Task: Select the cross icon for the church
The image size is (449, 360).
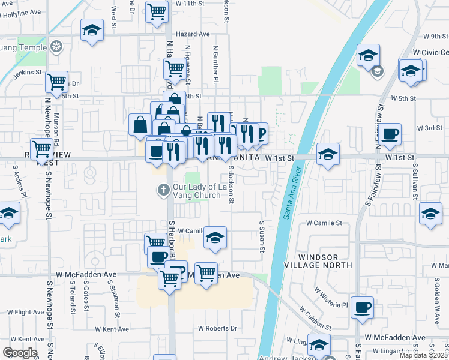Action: (x=163, y=190)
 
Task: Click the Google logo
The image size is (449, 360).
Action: (x=20, y=353)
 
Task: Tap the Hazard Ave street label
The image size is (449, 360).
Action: (x=193, y=34)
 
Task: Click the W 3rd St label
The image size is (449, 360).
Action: (x=430, y=128)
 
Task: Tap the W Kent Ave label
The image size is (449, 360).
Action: (x=111, y=329)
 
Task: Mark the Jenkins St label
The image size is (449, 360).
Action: (x=27, y=74)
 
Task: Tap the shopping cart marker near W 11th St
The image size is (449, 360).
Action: (x=157, y=11)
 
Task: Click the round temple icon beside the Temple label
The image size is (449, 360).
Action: (x=56, y=46)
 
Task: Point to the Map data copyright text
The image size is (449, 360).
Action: (x=424, y=355)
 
